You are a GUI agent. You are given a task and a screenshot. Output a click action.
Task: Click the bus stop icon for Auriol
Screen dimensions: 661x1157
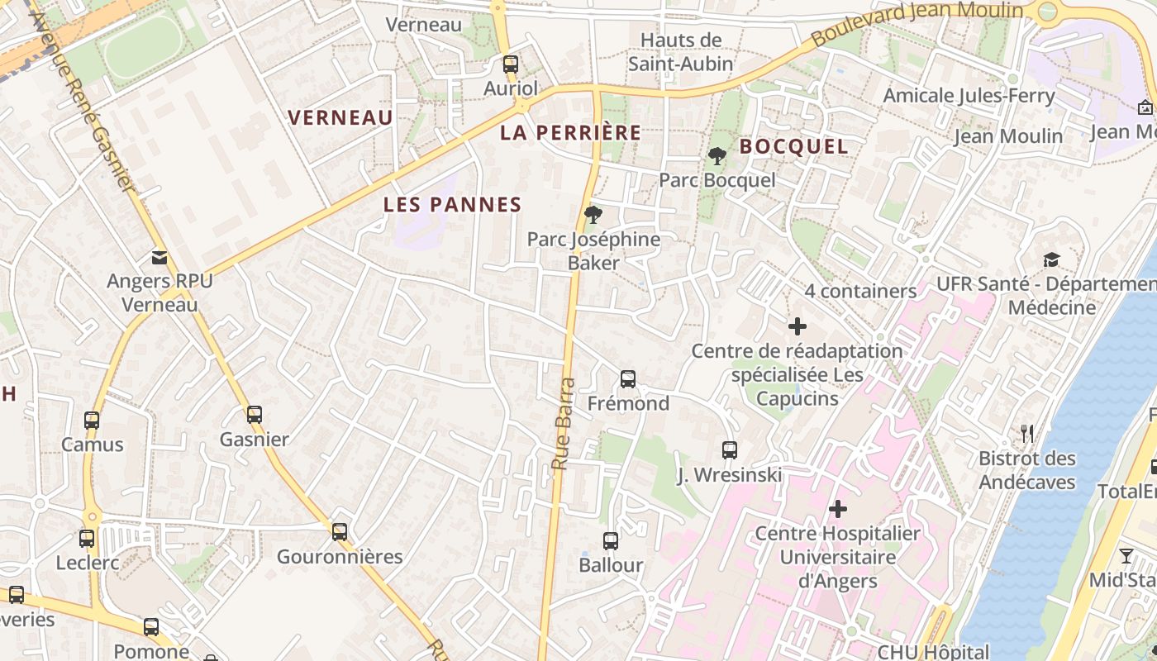(511, 64)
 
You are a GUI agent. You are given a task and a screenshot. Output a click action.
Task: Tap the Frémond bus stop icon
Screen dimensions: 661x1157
(628, 379)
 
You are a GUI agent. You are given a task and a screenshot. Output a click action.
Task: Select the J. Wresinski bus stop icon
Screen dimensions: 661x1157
(729, 450)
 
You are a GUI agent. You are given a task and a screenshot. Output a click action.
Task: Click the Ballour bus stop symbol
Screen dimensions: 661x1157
(611, 541)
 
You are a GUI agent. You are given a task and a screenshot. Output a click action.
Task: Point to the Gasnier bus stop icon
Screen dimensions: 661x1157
(255, 415)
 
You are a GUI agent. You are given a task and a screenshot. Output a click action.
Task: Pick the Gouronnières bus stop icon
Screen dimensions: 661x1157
(340, 531)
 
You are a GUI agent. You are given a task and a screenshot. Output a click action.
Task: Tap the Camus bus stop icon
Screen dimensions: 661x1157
(92, 420)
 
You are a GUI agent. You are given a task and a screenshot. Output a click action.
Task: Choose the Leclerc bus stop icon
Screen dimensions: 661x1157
(87, 539)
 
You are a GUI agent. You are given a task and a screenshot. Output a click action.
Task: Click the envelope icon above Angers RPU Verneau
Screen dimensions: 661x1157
(159, 258)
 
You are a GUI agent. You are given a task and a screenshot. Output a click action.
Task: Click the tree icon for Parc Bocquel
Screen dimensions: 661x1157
(717, 155)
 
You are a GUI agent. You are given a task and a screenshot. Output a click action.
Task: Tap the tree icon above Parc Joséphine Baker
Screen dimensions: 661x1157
(593, 215)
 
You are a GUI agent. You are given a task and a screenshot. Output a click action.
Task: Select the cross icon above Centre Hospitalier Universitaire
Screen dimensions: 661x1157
(838, 508)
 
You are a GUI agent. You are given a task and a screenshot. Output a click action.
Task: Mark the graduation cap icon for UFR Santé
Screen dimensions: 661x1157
(1051, 260)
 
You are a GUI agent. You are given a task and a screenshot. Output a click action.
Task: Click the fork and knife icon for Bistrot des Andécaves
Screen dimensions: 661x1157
(1027, 434)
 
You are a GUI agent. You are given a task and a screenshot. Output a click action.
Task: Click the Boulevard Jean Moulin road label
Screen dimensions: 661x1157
(917, 23)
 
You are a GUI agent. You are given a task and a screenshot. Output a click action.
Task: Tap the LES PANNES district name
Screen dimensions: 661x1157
(453, 205)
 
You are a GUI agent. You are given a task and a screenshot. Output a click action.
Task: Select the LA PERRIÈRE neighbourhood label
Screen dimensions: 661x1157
(571, 132)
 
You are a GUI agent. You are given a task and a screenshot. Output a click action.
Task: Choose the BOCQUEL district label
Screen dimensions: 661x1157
(793, 146)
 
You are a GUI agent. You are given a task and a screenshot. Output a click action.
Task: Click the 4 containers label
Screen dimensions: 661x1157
(860, 291)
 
